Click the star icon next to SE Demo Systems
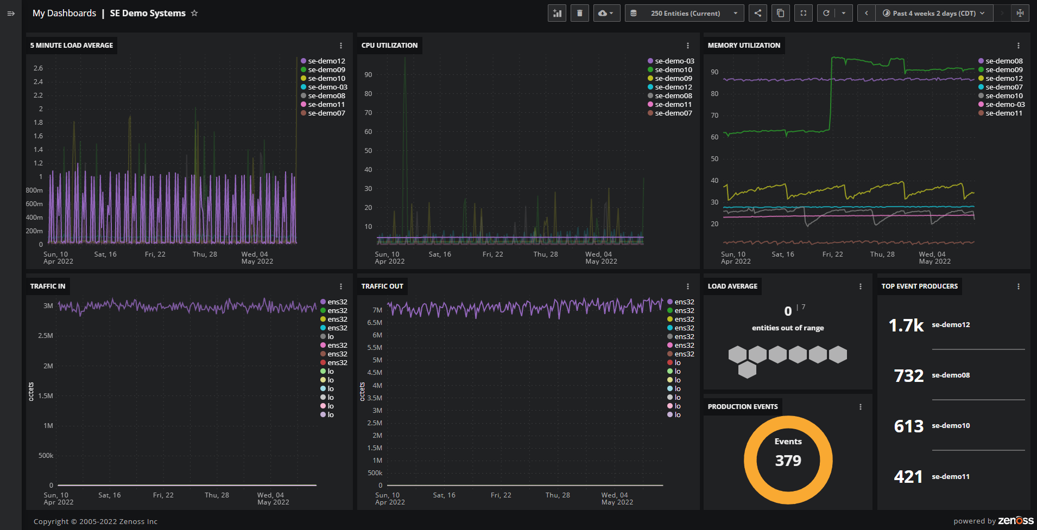(194, 13)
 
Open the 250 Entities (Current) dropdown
(686, 13)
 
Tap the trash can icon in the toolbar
(580, 13)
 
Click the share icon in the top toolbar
(758, 13)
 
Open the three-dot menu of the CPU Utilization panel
(688, 46)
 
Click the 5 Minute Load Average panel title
(72, 46)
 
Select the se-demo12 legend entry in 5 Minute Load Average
(326, 61)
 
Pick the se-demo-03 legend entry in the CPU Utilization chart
(674, 61)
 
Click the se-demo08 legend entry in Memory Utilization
(1004, 61)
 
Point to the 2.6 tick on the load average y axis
(38, 68)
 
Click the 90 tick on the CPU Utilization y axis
(368, 75)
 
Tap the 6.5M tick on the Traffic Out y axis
(375, 323)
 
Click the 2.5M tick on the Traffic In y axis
(46, 336)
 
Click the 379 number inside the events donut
(788, 461)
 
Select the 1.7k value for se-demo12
(906, 325)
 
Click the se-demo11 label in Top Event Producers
(951, 477)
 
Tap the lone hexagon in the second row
(747, 370)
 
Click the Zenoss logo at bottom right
(1015, 521)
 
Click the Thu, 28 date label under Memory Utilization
(882, 254)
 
